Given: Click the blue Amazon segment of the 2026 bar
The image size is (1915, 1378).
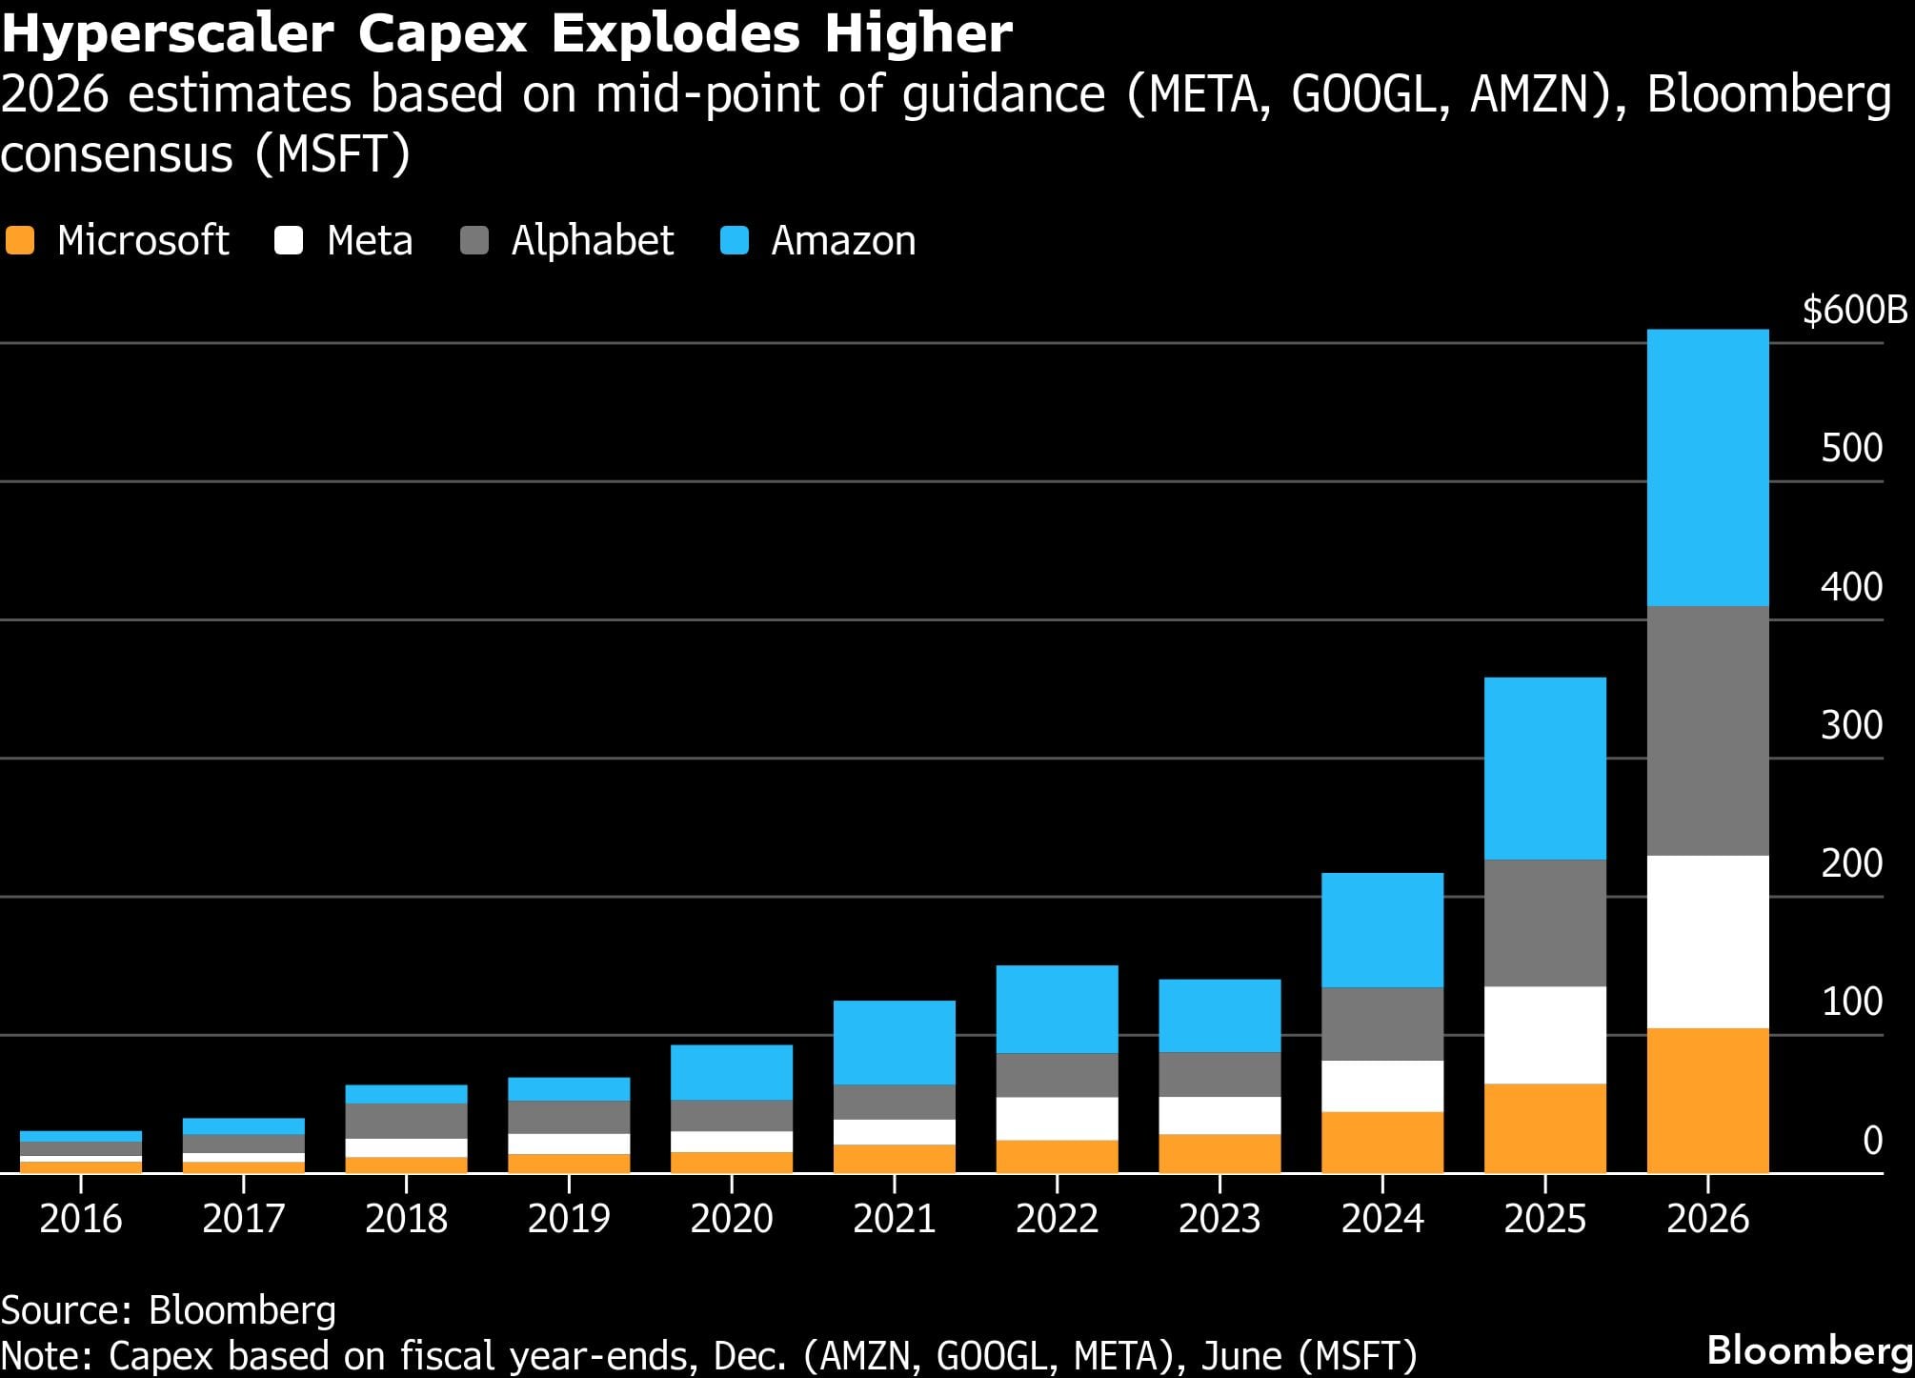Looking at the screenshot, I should (1707, 467).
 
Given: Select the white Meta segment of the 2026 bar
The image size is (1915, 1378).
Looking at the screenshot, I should (1707, 942).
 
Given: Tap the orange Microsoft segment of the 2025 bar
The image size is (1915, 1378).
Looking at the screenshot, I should (1544, 1127).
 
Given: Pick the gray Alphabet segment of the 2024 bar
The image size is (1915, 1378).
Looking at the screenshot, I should (1381, 1023).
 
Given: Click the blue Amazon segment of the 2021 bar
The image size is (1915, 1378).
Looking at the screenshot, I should (894, 1042).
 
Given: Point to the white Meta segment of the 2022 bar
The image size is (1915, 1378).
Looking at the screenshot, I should (1057, 1118).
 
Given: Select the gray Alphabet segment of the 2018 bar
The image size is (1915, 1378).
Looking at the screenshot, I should (406, 1121).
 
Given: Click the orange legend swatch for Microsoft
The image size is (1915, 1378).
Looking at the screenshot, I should (20, 240).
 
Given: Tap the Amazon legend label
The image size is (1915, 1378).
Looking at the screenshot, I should (843, 240).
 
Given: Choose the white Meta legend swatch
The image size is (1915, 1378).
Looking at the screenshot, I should (289, 240).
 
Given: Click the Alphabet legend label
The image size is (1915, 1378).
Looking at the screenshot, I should (592, 240).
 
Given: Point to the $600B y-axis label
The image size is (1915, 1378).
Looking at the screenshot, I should (1854, 311).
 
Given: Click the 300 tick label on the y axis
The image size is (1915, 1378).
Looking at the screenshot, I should (1851, 725).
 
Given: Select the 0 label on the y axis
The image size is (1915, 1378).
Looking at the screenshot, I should (1872, 1140).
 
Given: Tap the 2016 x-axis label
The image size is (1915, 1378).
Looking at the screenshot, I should (81, 1219).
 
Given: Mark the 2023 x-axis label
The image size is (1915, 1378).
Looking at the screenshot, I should (1220, 1219).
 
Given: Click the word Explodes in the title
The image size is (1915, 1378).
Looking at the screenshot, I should (675, 34).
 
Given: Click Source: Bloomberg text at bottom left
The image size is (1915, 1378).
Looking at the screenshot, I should (169, 1310).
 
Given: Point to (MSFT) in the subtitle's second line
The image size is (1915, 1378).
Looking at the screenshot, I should (333, 153).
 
